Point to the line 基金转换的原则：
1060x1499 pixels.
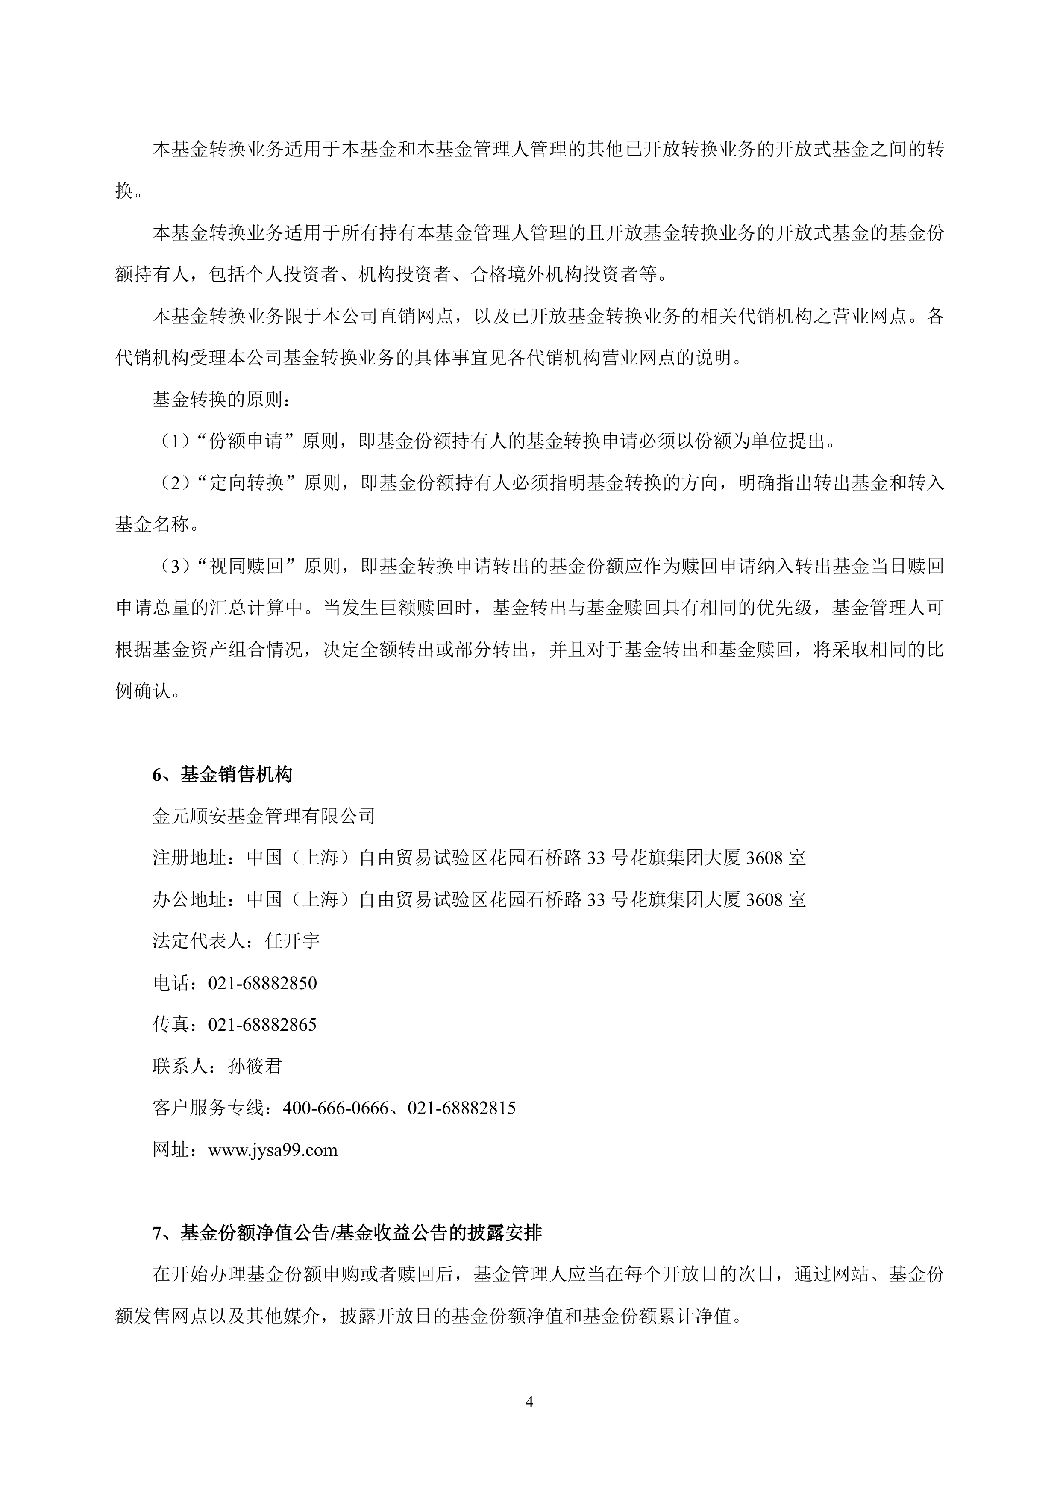click(222, 400)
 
